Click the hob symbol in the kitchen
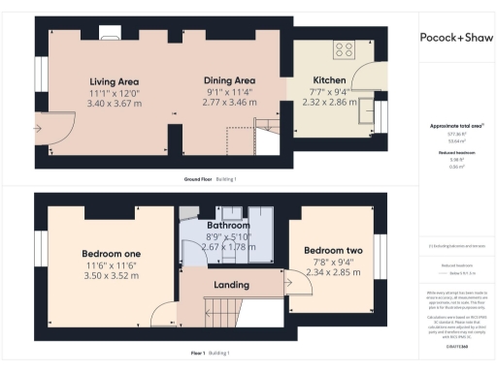(x=344, y=48)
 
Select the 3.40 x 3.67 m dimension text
(x=116, y=103)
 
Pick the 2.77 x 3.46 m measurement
(x=229, y=101)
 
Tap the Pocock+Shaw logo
(x=455, y=38)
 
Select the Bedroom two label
(x=325, y=246)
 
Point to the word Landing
(x=232, y=285)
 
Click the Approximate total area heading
(x=454, y=127)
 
